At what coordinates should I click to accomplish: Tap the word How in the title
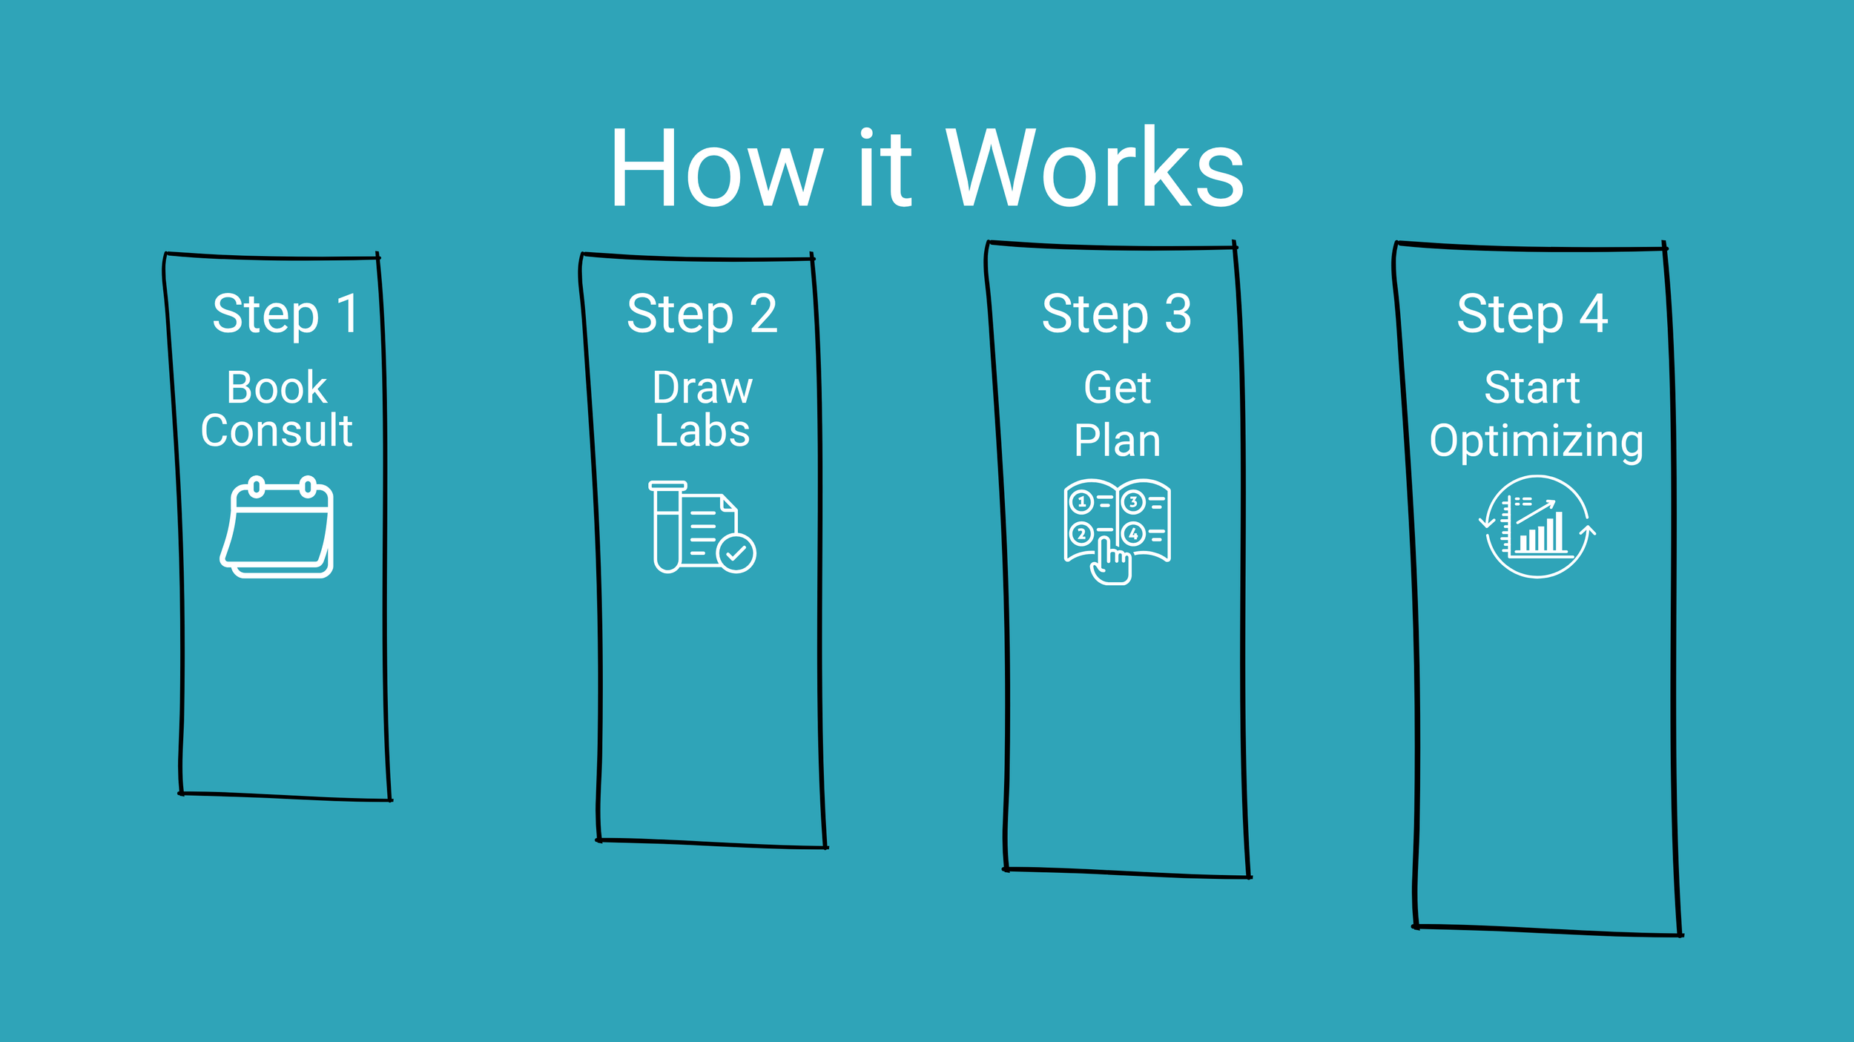click(x=716, y=168)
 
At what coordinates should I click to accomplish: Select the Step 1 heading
click(x=286, y=314)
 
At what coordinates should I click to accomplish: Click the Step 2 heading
click(x=702, y=314)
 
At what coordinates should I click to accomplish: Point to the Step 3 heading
click(x=1117, y=314)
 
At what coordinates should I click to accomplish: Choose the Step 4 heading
click(x=1532, y=314)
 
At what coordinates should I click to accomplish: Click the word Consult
click(x=277, y=431)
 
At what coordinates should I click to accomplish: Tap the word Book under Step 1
click(x=277, y=387)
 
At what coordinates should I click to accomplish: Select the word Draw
click(x=702, y=388)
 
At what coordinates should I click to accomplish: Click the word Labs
click(x=702, y=431)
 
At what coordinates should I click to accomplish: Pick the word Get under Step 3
click(x=1117, y=388)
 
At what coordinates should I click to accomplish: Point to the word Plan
click(x=1117, y=441)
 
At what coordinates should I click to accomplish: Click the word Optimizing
click(x=1536, y=441)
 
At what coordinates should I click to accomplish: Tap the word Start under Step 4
click(x=1532, y=388)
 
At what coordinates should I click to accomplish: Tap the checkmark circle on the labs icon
click(x=736, y=553)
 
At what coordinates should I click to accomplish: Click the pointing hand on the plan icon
click(x=1110, y=564)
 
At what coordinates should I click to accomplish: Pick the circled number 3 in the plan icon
click(x=1132, y=502)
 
